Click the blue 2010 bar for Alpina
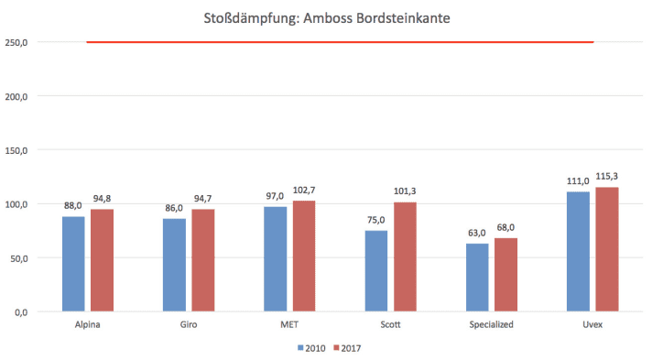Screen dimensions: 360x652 (x=73, y=264)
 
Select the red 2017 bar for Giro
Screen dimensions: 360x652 (x=202, y=261)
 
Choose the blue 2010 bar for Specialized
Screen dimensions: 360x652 (x=477, y=277)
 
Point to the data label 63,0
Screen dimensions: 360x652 (x=477, y=234)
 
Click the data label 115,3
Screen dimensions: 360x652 (x=606, y=177)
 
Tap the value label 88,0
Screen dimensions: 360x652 (x=73, y=206)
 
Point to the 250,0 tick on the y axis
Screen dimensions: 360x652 (x=16, y=42)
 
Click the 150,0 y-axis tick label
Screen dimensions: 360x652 (x=16, y=150)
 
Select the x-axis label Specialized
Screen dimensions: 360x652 (x=491, y=325)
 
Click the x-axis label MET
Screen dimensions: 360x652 (x=289, y=325)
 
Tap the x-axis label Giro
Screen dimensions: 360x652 (x=189, y=325)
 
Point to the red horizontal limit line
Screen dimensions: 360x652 (x=339, y=42)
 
